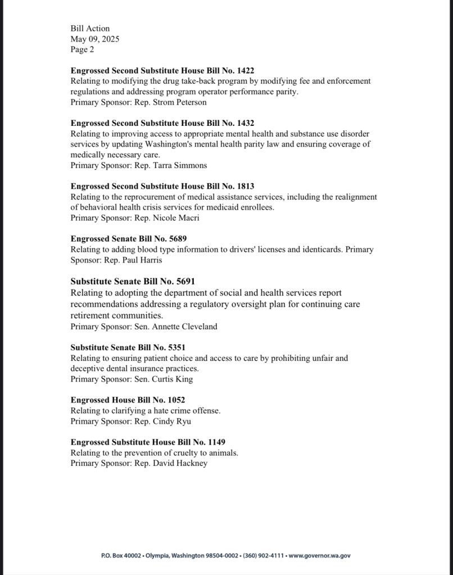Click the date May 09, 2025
coord(94,39)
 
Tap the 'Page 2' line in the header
coord(82,49)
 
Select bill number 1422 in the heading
coord(243,70)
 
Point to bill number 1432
coord(243,123)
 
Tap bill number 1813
coord(243,186)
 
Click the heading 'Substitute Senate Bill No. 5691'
coord(133,281)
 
